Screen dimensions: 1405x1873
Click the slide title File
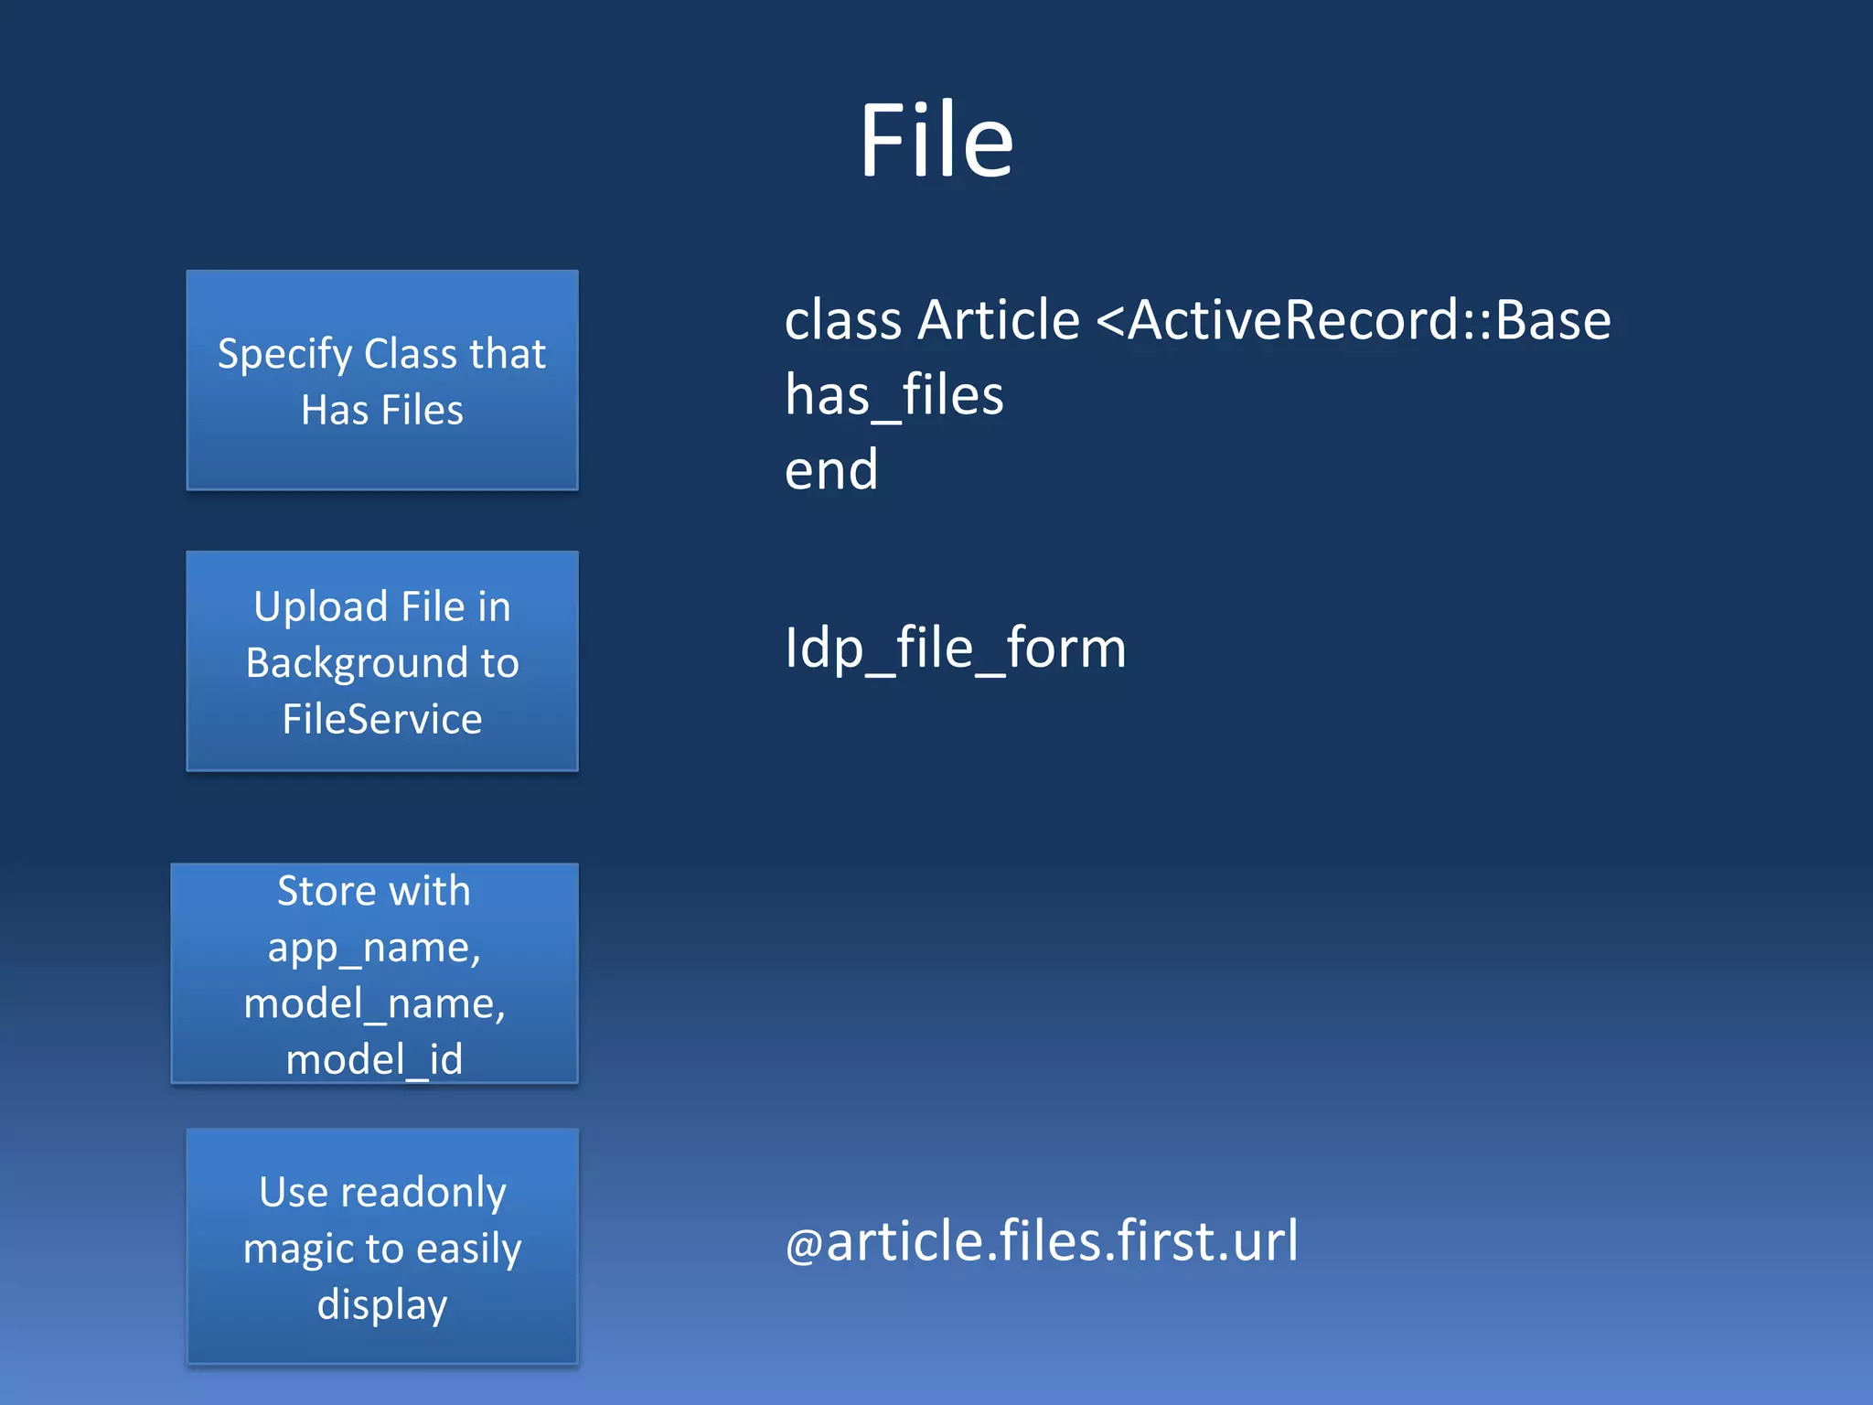[x=936, y=141]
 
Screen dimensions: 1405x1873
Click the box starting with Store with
[x=374, y=973]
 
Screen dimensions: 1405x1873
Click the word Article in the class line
[x=999, y=320]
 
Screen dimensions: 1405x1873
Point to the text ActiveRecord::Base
[x=1369, y=320]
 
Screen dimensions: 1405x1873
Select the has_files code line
[x=894, y=396]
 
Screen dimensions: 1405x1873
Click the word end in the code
[x=831, y=470]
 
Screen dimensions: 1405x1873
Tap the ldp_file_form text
[x=955, y=649]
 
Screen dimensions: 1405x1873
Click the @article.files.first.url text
[x=1042, y=1241]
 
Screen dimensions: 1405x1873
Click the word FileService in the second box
[x=382, y=719]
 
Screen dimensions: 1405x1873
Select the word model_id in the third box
[x=374, y=1059]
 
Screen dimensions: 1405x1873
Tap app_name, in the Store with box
[x=374, y=948]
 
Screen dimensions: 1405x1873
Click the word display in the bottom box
[x=382, y=1304]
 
